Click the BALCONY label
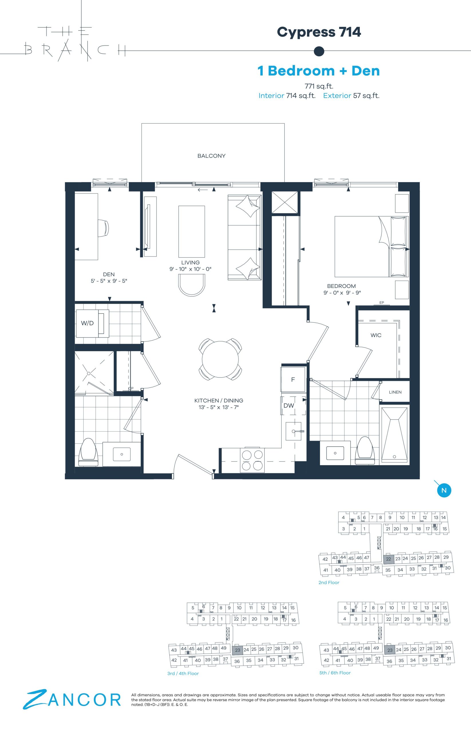pos(211,156)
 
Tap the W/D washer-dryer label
pos(87,323)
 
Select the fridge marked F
pos(293,380)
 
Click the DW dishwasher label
pos(289,405)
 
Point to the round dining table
pos(220,359)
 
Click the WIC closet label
pos(376,335)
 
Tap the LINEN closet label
pos(395,392)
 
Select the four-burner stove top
pos(252,460)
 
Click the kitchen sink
pos(294,431)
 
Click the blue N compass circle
pos(444,491)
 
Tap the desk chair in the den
pos(104,228)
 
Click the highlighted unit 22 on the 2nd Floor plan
pos(388,559)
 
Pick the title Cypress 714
pos(319,32)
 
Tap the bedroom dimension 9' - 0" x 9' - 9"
pos(342,293)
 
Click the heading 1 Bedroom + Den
pos(319,71)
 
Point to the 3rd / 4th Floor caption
pos(183,673)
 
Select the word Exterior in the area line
pos(337,96)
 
